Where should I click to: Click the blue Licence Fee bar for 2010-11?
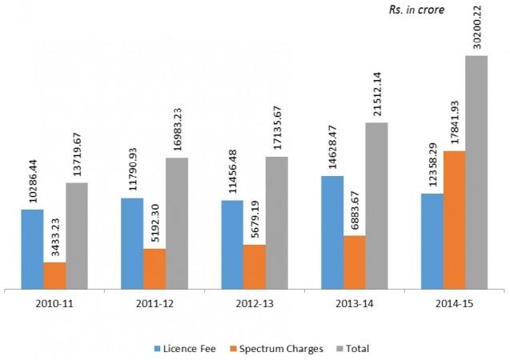coord(32,248)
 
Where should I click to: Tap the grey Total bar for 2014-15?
coord(476,171)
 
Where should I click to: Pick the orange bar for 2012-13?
coord(255,266)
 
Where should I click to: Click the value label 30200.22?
coord(476,27)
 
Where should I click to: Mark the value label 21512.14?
coord(376,94)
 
